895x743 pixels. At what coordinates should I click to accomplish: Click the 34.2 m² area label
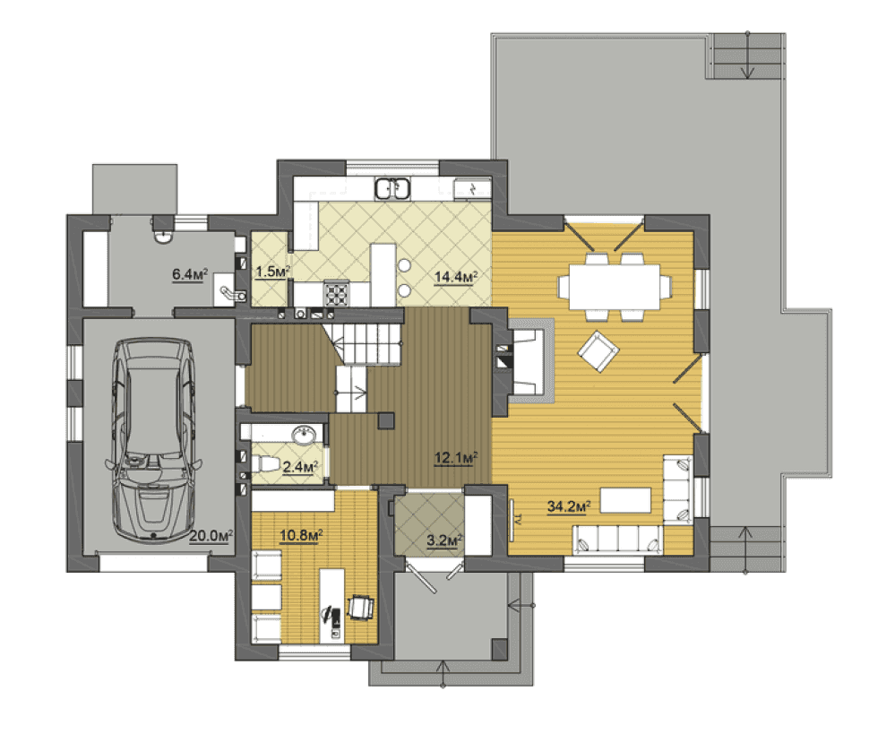pos(569,506)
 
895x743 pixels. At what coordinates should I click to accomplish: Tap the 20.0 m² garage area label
pos(211,536)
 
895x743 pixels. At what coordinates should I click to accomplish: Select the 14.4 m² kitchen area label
pos(455,277)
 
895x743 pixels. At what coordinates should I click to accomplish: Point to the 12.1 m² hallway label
pos(455,457)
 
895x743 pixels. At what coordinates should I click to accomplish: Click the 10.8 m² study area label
pos(301,535)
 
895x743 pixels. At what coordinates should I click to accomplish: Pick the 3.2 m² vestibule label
pos(444,540)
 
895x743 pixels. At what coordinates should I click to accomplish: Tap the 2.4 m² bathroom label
pos(300,467)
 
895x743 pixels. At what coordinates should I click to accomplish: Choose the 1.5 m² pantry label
pos(273,272)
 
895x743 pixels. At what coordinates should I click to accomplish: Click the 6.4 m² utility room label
pos(190,274)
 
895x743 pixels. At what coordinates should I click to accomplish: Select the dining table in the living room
pos(615,287)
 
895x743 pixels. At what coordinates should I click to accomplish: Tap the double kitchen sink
pos(392,189)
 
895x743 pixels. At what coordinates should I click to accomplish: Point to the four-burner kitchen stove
pos(336,294)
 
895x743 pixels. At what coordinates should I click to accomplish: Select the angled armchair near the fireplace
pos(598,351)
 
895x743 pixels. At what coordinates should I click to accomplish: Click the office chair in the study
pos(361,607)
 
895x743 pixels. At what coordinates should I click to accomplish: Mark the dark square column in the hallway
pos(386,421)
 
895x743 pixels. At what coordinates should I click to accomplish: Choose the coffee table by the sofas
pos(625,500)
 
